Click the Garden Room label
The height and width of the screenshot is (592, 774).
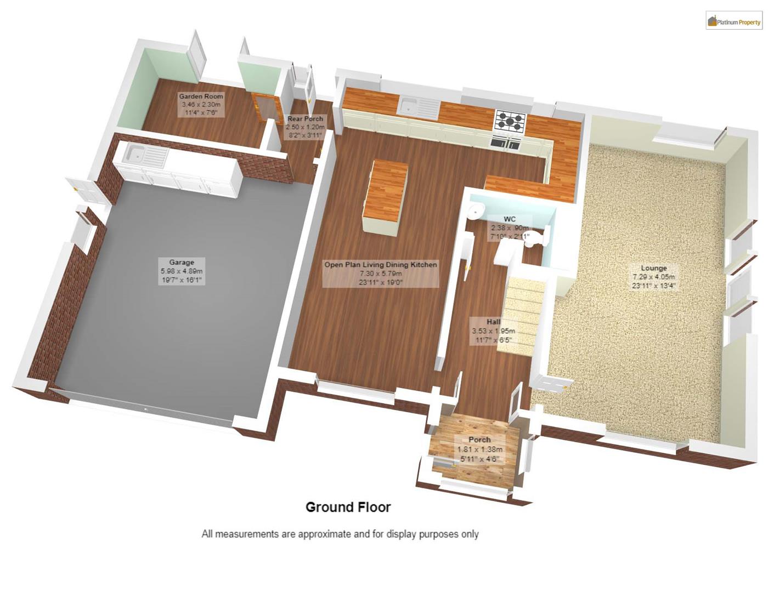(201, 104)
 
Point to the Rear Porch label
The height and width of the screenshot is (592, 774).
(305, 127)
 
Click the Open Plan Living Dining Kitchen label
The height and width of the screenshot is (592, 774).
(381, 273)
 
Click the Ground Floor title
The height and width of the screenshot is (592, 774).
(348, 507)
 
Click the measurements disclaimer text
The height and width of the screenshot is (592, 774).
(340, 534)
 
